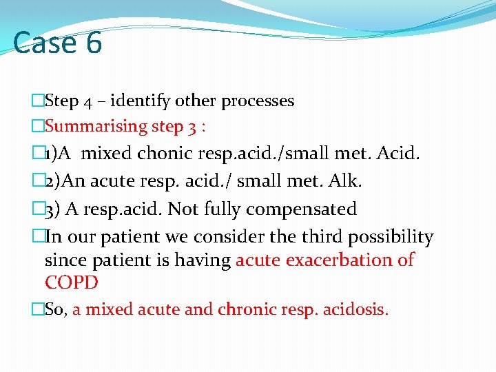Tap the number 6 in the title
[x=94, y=43]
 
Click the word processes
[x=258, y=101]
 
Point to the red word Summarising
[x=96, y=126]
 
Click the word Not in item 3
[x=183, y=209]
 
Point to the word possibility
[x=392, y=237]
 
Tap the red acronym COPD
[x=71, y=282]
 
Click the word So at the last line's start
[x=54, y=310]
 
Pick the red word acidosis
[x=356, y=310]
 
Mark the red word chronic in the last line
[x=245, y=310]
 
